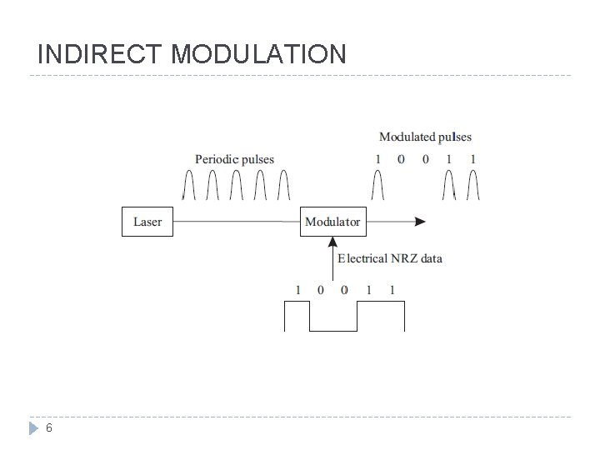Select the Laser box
click(147, 222)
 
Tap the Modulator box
click(332, 222)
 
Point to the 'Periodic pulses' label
click(234, 158)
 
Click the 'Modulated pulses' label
click(425, 137)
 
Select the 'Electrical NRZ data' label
click(389, 258)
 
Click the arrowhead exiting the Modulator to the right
click(421, 222)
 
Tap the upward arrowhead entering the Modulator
click(332, 242)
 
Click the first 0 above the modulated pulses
click(401, 159)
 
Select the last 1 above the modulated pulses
click(473, 159)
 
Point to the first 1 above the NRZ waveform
click(297, 290)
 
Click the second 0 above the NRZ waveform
click(344, 290)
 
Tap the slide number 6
click(49, 428)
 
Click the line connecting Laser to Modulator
click(237, 222)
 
